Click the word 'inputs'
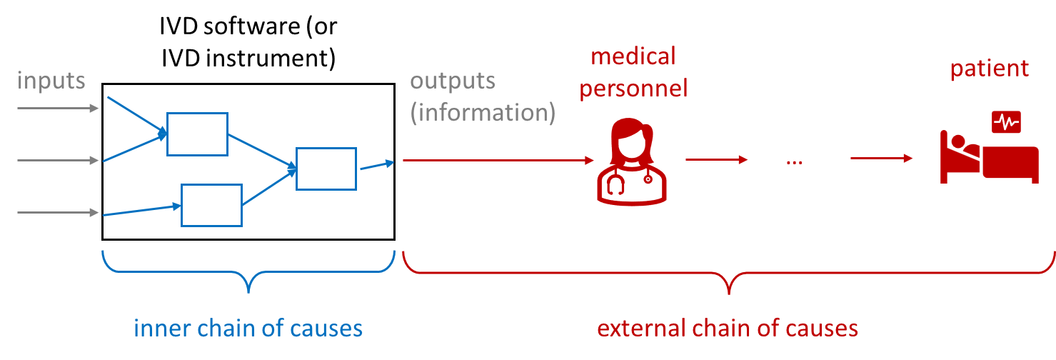pos(51,81)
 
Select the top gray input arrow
pos(58,109)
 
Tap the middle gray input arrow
pos(58,161)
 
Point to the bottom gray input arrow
pos(58,213)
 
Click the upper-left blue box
pos(197,134)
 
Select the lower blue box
pos(211,205)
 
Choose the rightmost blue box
pos(326,169)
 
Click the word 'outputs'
pos(453,81)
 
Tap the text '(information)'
pos(483,113)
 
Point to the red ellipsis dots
pos(795,163)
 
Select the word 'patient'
pos(989,69)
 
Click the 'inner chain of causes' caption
pos(248,329)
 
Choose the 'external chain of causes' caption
pos(728,329)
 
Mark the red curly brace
pos(728,275)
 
